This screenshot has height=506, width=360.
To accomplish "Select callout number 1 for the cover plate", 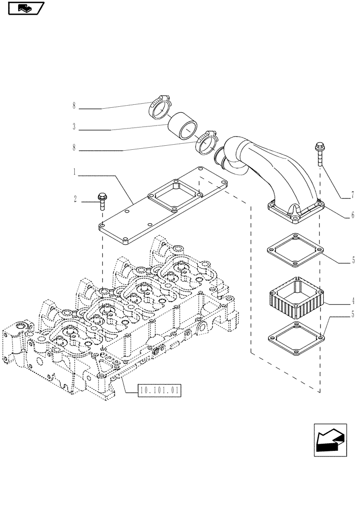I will coord(74,173).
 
